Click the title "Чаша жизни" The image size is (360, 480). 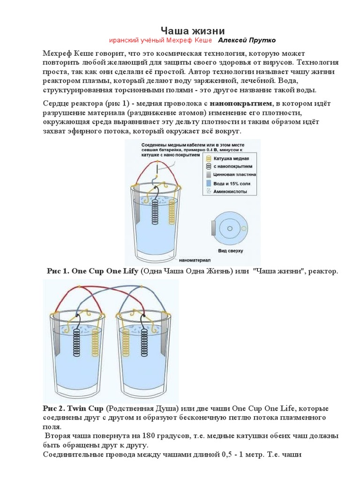click(x=190, y=30)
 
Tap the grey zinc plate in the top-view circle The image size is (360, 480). click(x=213, y=229)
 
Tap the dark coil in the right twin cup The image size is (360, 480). click(x=126, y=347)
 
